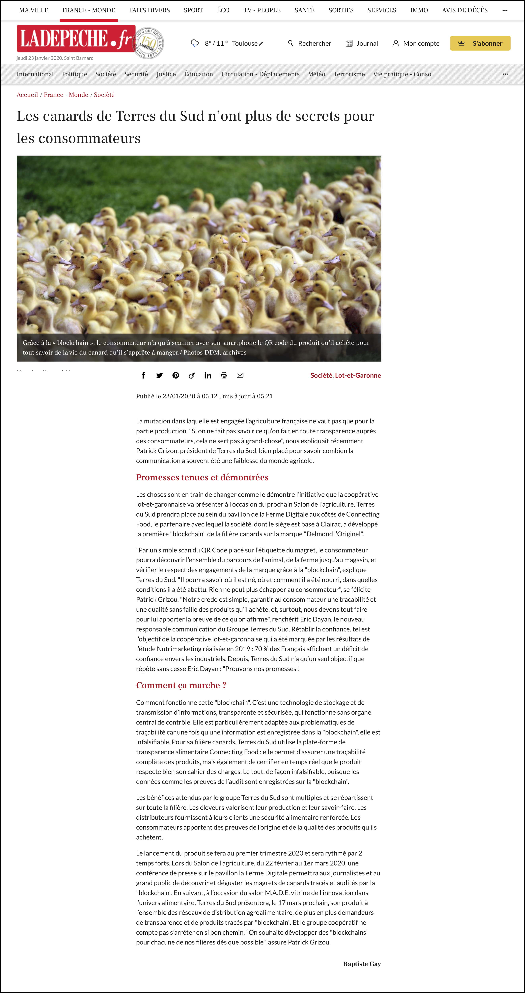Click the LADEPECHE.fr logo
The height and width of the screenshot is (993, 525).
pyautogui.click(x=75, y=39)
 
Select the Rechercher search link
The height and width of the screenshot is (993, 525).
pyautogui.click(x=310, y=43)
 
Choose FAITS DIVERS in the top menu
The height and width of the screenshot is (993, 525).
pyautogui.click(x=149, y=10)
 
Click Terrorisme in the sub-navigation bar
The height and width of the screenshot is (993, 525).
pyautogui.click(x=349, y=74)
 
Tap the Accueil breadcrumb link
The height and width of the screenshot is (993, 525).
pyautogui.click(x=27, y=95)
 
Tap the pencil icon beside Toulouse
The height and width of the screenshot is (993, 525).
pyautogui.click(x=261, y=43)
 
